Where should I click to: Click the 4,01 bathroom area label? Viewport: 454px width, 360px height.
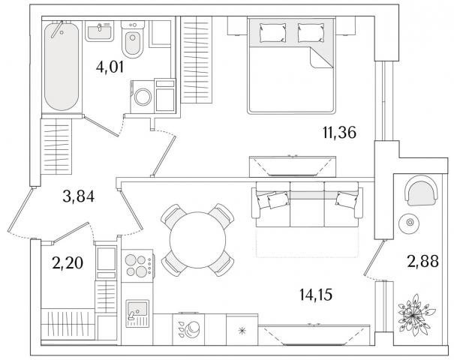pos(110,67)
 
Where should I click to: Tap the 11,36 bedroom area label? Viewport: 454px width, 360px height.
pos(339,133)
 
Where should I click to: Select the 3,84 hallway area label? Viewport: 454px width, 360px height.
pos(79,196)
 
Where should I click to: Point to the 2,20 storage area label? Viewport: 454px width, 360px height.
pos(68,263)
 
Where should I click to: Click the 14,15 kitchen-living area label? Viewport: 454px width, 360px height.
pos(316,295)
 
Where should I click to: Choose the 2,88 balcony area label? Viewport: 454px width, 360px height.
pos(422,261)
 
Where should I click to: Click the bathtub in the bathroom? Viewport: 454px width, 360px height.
pos(62,66)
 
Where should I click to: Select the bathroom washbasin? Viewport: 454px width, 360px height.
pos(99,31)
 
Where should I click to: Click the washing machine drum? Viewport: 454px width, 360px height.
pos(143,97)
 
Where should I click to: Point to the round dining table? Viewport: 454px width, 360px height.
pos(197,240)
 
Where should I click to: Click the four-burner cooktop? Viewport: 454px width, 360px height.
pos(137,265)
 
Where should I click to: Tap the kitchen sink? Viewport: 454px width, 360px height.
pos(137,313)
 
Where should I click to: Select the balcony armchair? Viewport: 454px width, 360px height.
pos(422,190)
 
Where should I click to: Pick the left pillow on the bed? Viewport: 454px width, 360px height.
pos(272,32)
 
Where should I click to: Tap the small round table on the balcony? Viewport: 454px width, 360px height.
pos(410,222)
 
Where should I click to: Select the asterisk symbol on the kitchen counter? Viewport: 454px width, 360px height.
pos(242,331)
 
